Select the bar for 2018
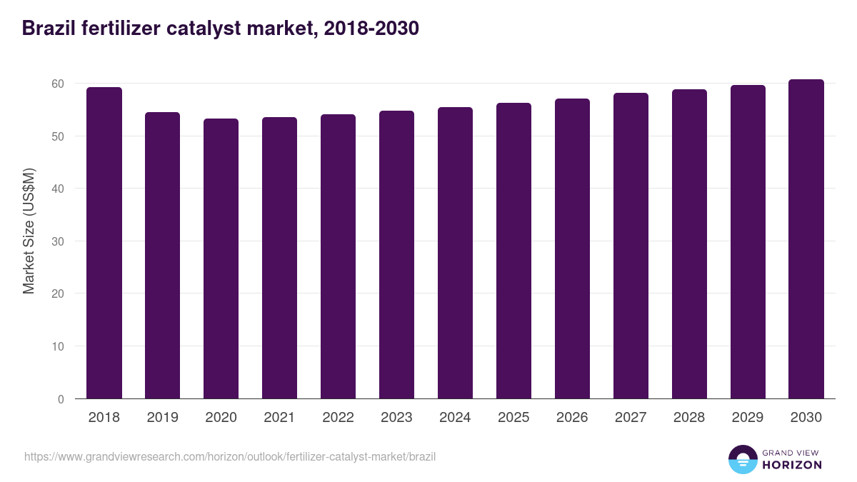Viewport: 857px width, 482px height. (104, 243)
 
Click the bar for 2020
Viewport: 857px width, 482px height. (221, 258)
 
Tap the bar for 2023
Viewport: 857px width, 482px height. (396, 255)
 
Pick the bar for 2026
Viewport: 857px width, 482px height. (572, 248)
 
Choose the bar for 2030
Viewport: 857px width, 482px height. (806, 239)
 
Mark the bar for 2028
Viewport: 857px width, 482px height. (689, 244)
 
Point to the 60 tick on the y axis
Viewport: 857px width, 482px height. (58, 84)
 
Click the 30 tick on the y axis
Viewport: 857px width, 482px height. (58, 241)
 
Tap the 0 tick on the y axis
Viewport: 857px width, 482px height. (61, 399)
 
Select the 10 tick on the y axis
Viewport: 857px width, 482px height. (58, 346)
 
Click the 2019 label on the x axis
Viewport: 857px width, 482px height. (163, 418)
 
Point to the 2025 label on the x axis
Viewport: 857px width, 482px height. (513, 418)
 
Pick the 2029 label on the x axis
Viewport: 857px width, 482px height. (748, 418)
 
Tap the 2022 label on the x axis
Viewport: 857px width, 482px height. (338, 418)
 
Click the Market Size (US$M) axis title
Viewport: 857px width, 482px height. (29, 231)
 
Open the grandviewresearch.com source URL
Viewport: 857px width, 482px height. (229, 456)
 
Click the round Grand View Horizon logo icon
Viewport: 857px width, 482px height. (743, 459)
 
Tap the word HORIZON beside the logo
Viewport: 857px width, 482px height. (792, 465)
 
